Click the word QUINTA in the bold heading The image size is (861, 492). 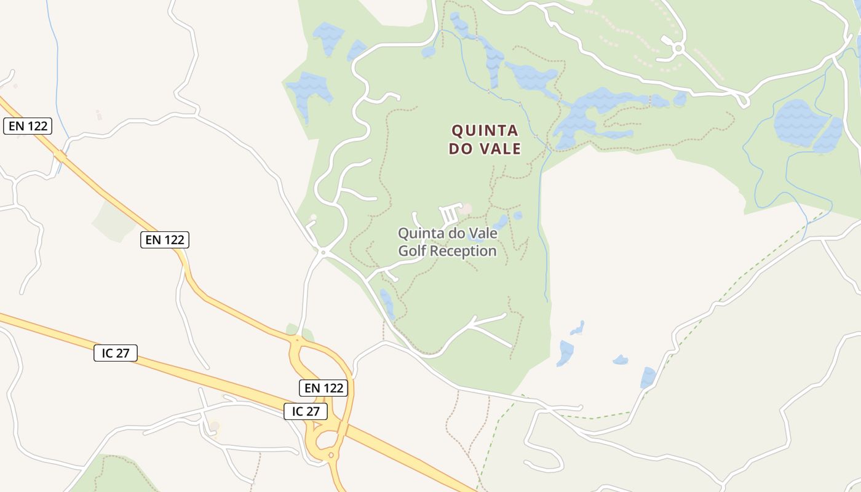click(485, 130)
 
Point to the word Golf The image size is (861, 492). click(412, 251)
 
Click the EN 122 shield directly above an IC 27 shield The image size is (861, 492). click(324, 388)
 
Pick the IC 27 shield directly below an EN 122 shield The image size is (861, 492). click(306, 411)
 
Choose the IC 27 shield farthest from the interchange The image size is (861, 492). click(116, 353)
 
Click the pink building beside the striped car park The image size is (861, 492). click(466, 209)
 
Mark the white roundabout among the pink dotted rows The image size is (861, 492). click(678, 48)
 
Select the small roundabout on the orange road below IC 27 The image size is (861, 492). click(331, 455)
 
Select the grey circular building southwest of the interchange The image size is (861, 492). click(214, 426)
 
